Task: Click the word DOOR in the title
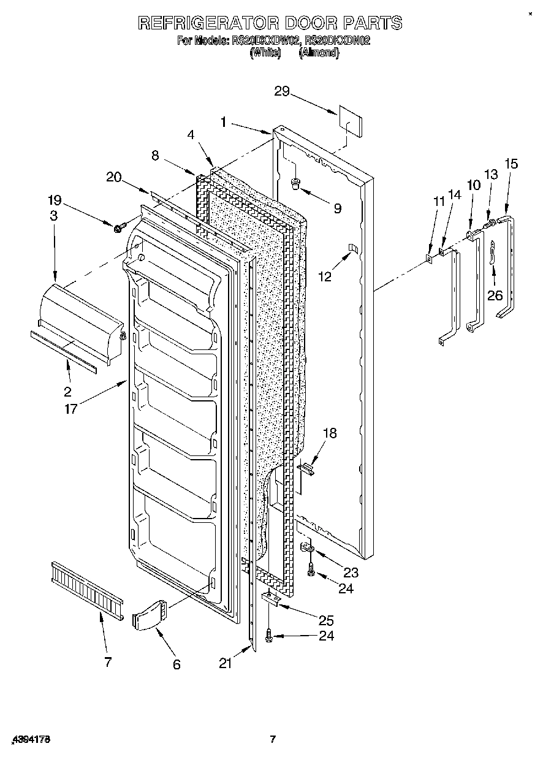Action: pyautogui.click(x=306, y=23)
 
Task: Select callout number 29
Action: pyautogui.click(x=282, y=91)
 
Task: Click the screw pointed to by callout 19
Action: pyautogui.click(x=118, y=228)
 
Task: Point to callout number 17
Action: pyautogui.click(x=71, y=409)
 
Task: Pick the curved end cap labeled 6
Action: pyautogui.click(x=149, y=614)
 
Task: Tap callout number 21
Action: pyautogui.click(x=226, y=663)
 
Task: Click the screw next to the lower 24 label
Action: pyautogui.click(x=268, y=637)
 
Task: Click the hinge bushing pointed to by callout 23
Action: pyautogui.click(x=308, y=547)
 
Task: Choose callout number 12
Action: pyautogui.click(x=325, y=276)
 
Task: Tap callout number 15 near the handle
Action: pyautogui.click(x=511, y=164)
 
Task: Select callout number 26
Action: pyautogui.click(x=494, y=295)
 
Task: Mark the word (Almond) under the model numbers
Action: pyautogui.click(x=319, y=53)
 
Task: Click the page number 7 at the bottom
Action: pyautogui.click(x=273, y=739)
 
